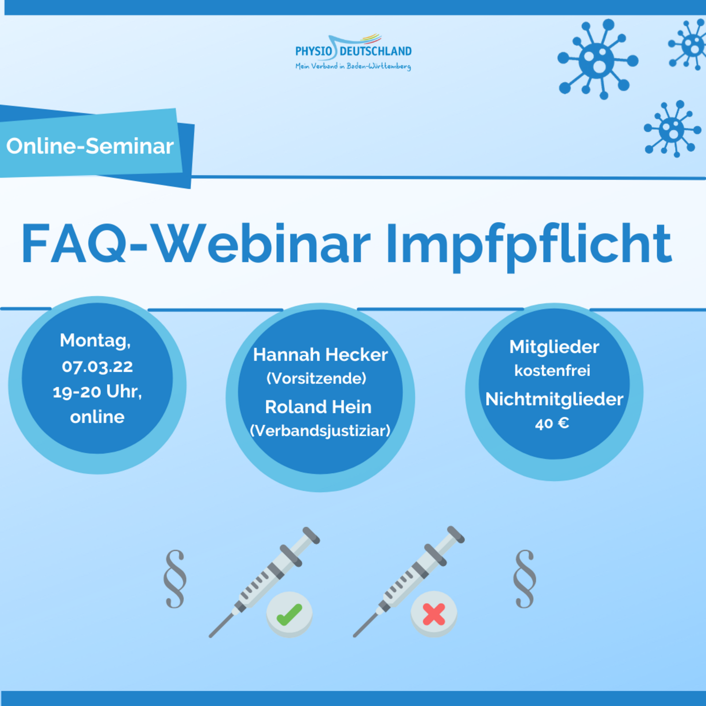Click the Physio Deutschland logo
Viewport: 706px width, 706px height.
coord(353,52)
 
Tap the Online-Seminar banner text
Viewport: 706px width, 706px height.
coord(90,146)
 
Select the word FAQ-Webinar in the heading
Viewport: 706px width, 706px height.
coord(196,243)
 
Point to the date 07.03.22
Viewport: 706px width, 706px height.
coord(97,366)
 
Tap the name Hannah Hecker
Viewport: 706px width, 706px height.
coord(320,355)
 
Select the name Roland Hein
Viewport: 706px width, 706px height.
coord(318,407)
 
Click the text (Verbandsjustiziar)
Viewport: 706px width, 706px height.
coord(320,430)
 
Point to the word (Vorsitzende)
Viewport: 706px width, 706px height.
coord(316,378)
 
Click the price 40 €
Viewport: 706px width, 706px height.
coord(552,423)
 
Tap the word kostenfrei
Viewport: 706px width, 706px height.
coord(552,371)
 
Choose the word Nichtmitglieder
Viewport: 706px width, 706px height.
coord(554,399)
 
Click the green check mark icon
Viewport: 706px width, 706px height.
coord(289,614)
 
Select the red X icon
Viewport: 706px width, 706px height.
coord(434,614)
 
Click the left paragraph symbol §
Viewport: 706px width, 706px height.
coord(175,579)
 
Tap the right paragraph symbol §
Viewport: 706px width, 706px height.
coord(525,579)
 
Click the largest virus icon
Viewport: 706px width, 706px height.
coord(598,59)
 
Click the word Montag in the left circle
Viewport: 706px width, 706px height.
coord(95,341)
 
